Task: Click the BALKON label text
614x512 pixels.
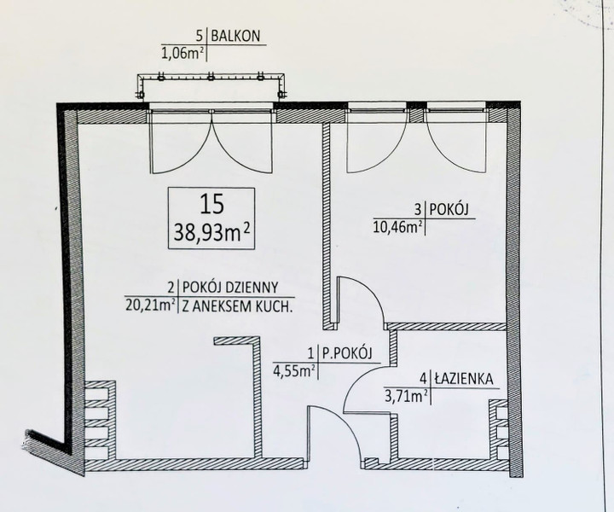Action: coord(235,36)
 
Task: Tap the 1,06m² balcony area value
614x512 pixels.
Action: coord(182,52)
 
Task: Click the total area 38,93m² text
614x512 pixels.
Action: coord(211,233)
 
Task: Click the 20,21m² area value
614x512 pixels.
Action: coord(150,304)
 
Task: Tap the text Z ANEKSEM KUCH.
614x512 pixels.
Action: coord(238,305)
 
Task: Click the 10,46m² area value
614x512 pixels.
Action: coord(398,226)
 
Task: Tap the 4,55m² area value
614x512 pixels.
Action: coord(294,370)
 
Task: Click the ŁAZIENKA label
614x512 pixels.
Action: coord(464,379)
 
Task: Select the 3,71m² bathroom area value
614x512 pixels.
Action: coord(406,397)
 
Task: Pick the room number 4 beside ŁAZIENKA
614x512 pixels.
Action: coord(423,379)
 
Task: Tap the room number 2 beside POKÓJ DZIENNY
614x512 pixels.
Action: coord(171,288)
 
